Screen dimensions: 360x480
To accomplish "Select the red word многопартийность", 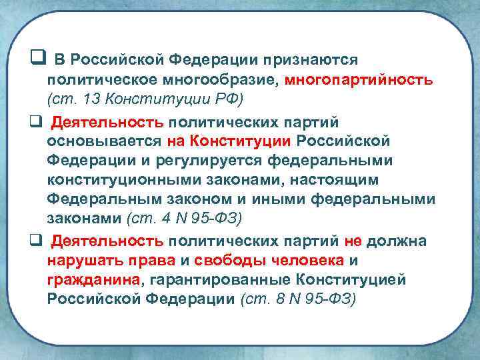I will (359, 81).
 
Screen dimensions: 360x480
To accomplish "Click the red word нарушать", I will (79, 259).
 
